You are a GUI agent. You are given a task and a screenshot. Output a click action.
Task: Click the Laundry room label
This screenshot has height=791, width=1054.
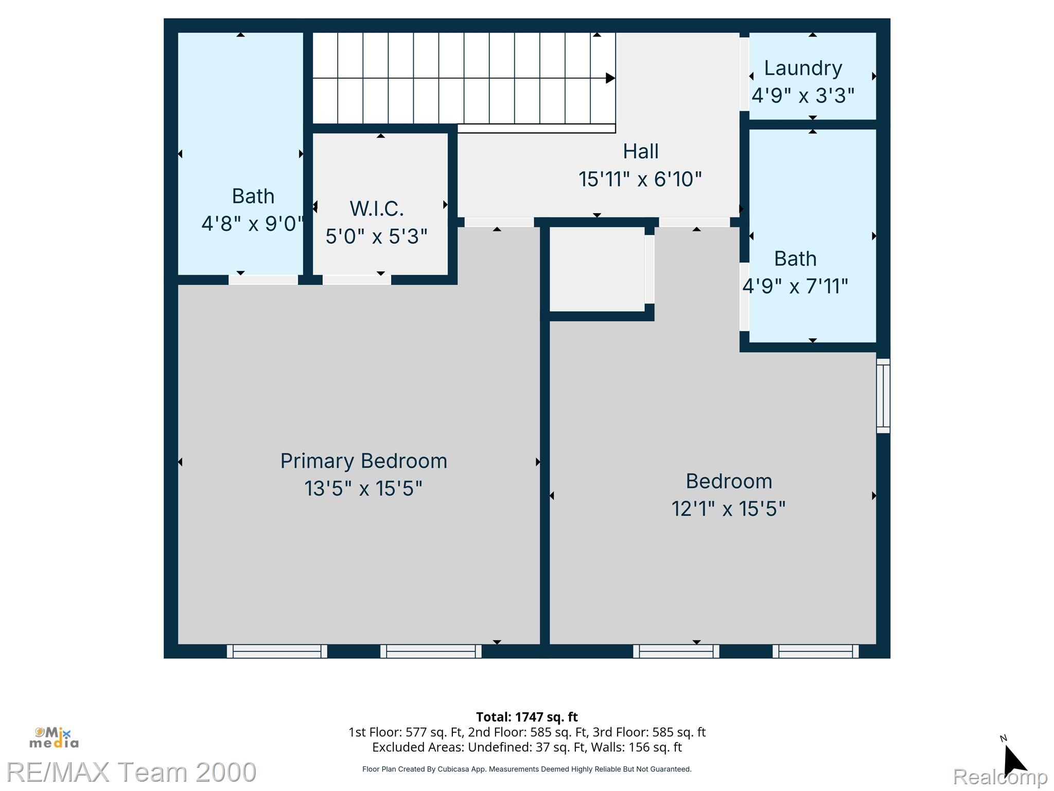(803, 68)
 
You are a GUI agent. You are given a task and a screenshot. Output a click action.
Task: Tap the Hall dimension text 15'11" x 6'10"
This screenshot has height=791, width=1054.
(640, 179)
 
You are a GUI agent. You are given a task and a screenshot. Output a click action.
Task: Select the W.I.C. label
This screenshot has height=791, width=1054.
(377, 209)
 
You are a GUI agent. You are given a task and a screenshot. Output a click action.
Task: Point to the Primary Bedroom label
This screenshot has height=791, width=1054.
(363, 461)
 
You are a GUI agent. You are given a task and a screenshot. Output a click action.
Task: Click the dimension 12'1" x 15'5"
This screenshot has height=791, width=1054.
(728, 509)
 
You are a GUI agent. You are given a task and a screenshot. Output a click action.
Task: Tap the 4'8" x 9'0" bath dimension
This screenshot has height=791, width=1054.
(252, 223)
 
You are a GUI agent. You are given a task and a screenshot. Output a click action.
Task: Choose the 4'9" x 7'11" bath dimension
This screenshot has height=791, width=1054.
(795, 286)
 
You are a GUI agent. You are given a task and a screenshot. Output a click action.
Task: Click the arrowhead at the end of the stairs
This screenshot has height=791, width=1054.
(610, 78)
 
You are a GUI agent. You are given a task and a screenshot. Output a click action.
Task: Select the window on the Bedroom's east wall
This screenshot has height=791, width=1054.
(883, 395)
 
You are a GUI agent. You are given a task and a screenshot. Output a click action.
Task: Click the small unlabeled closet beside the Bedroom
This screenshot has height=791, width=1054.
(597, 269)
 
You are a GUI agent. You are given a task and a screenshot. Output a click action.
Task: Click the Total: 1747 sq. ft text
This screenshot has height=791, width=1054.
(526, 717)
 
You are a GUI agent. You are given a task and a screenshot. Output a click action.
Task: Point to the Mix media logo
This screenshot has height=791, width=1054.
(54, 738)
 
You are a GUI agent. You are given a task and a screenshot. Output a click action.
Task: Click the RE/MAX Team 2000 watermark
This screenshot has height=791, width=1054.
(131, 772)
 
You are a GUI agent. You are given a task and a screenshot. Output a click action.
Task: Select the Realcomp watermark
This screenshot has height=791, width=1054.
(1000, 776)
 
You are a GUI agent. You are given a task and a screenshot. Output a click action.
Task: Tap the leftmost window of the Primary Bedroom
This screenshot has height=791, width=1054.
(277, 651)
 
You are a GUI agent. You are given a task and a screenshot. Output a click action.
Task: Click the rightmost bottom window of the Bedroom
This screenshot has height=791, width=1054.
(815, 651)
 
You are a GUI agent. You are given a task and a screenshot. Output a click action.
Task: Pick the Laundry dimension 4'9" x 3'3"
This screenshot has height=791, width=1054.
(803, 96)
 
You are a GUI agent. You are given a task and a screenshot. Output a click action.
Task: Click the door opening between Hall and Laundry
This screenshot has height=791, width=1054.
(744, 74)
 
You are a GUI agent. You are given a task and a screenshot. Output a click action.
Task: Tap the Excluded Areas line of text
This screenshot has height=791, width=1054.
(526, 747)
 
